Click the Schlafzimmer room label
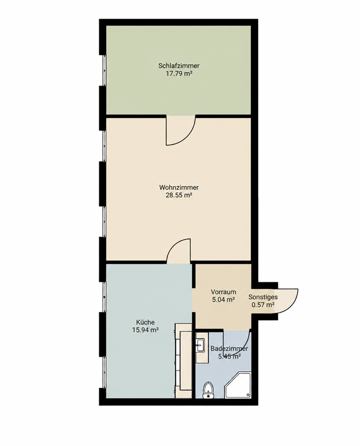click(x=179, y=66)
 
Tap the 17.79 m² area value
click(x=179, y=74)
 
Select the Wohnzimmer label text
click(x=179, y=187)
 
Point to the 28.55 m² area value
click(x=179, y=196)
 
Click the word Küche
click(x=145, y=322)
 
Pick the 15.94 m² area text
click(x=145, y=330)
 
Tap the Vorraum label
click(x=224, y=292)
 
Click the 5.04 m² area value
click(x=224, y=299)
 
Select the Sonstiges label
click(x=263, y=297)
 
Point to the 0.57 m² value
click(x=263, y=305)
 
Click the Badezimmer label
click(x=229, y=348)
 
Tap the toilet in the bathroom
click(x=208, y=390)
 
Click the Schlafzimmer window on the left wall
click(x=104, y=70)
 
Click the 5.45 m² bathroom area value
click(x=229, y=357)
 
